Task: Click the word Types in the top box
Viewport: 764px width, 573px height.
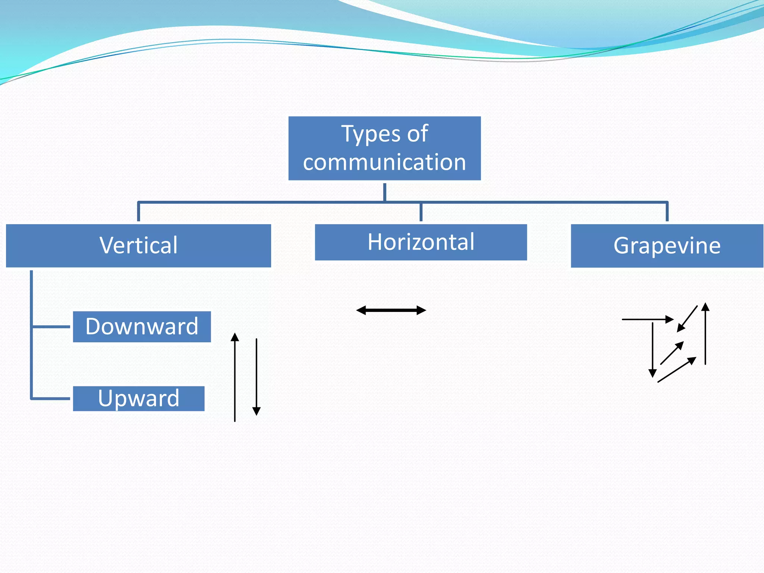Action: click(x=368, y=134)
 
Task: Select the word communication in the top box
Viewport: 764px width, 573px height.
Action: click(x=384, y=163)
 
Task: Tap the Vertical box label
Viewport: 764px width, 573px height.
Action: click(x=138, y=246)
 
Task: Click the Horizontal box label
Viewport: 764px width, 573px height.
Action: click(x=421, y=242)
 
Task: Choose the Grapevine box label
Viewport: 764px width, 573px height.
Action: click(x=667, y=246)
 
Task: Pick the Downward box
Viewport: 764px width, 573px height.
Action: click(x=142, y=327)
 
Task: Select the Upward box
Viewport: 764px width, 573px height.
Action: click(x=138, y=398)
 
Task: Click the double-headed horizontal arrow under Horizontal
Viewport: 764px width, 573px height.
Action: click(x=391, y=310)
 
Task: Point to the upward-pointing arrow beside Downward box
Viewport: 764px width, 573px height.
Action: click(x=235, y=377)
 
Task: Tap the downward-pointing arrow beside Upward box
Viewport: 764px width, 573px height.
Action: click(x=257, y=377)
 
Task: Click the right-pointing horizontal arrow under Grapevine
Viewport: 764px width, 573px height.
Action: click(x=647, y=319)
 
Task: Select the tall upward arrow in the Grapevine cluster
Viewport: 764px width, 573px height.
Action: click(x=705, y=334)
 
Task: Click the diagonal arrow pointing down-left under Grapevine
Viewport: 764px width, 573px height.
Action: click(x=687, y=319)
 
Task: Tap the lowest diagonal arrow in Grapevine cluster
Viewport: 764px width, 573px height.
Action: click(x=677, y=370)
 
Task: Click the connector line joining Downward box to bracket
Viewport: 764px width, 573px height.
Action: click(x=51, y=327)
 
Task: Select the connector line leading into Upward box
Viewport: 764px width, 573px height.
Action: click(x=51, y=398)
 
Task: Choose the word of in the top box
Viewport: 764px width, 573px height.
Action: click(x=417, y=134)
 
